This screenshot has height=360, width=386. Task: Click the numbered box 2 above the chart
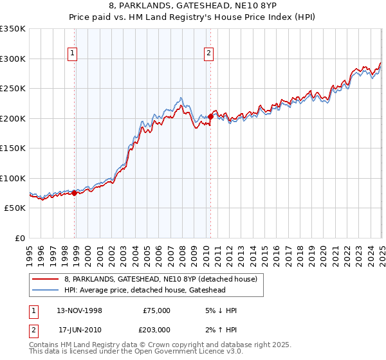209,54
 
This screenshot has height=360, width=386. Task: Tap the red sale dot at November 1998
75,192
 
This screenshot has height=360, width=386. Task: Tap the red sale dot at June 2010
210,116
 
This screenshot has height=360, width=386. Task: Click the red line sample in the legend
46,279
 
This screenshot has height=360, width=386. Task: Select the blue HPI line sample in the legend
46,290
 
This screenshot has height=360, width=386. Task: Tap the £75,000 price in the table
156,310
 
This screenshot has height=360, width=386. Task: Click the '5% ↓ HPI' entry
220,310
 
